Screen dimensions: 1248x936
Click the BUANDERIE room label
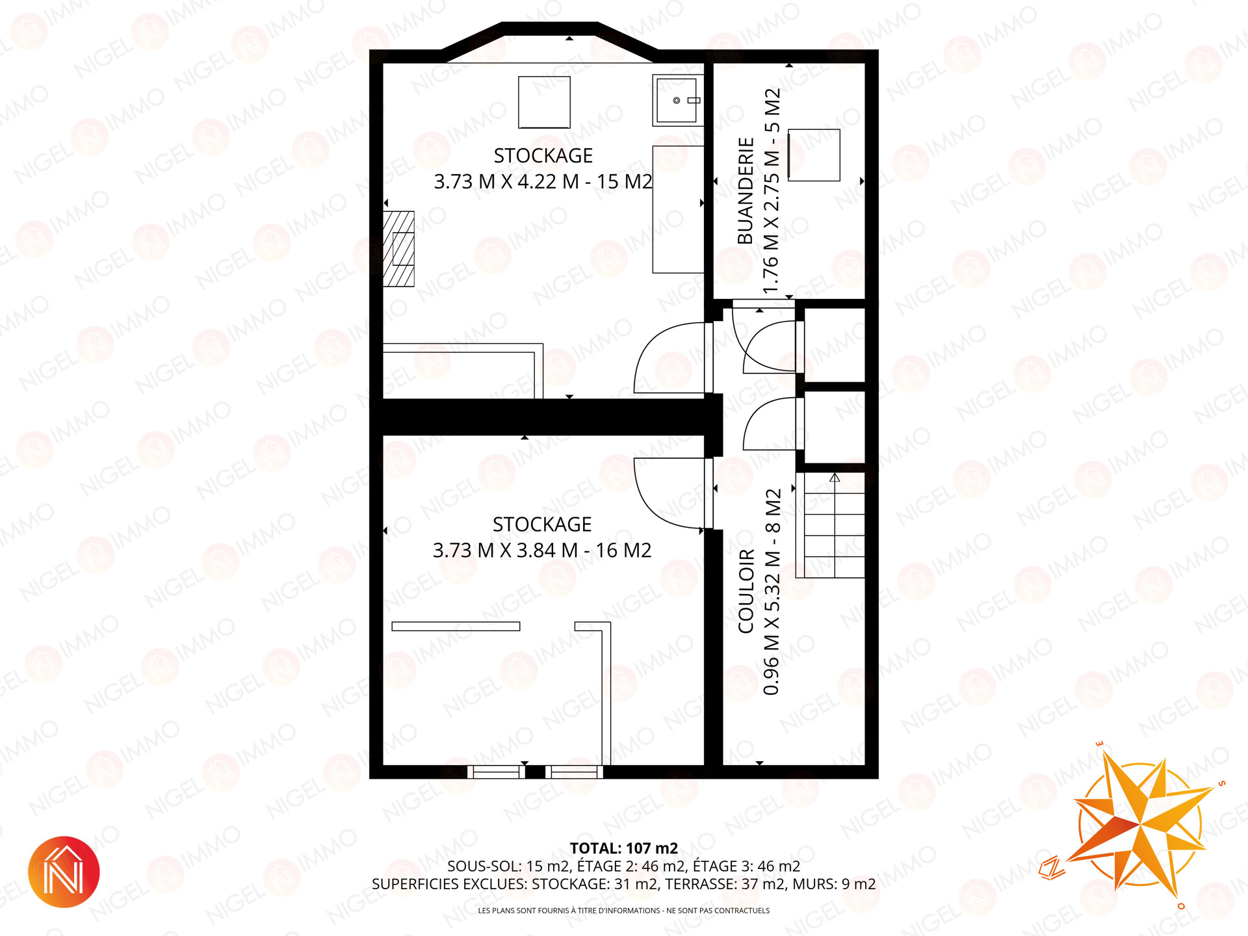pyautogui.click(x=745, y=190)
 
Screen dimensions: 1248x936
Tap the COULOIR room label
pyautogui.click(x=746, y=591)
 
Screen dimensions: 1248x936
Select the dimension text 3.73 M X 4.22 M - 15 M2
pyautogui.click(x=543, y=181)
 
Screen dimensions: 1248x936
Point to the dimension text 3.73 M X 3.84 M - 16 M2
pyautogui.click(x=542, y=551)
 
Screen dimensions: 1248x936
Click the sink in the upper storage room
pyautogui.click(x=678, y=101)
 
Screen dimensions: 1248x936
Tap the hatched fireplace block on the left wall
pyautogui.click(x=398, y=249)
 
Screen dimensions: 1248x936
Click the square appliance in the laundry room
pyautogui.click(x=814, y=155)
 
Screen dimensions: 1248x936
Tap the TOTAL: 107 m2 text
pyautogui.click(x=624, y=848)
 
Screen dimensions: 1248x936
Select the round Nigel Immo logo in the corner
pyautogui.click(x=64, y=872)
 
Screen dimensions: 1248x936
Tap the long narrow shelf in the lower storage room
pyautogui.click(x=456, y=627)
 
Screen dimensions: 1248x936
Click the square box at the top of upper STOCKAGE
pyautogui.click(x=544, y=102)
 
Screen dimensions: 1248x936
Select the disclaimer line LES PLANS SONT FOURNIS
pyautogui.click(x=624, y=911)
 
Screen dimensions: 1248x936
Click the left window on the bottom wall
pyautogui.click(x=496, y=772)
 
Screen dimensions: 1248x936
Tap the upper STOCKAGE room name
pyautogui.click(x=543, y=156)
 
